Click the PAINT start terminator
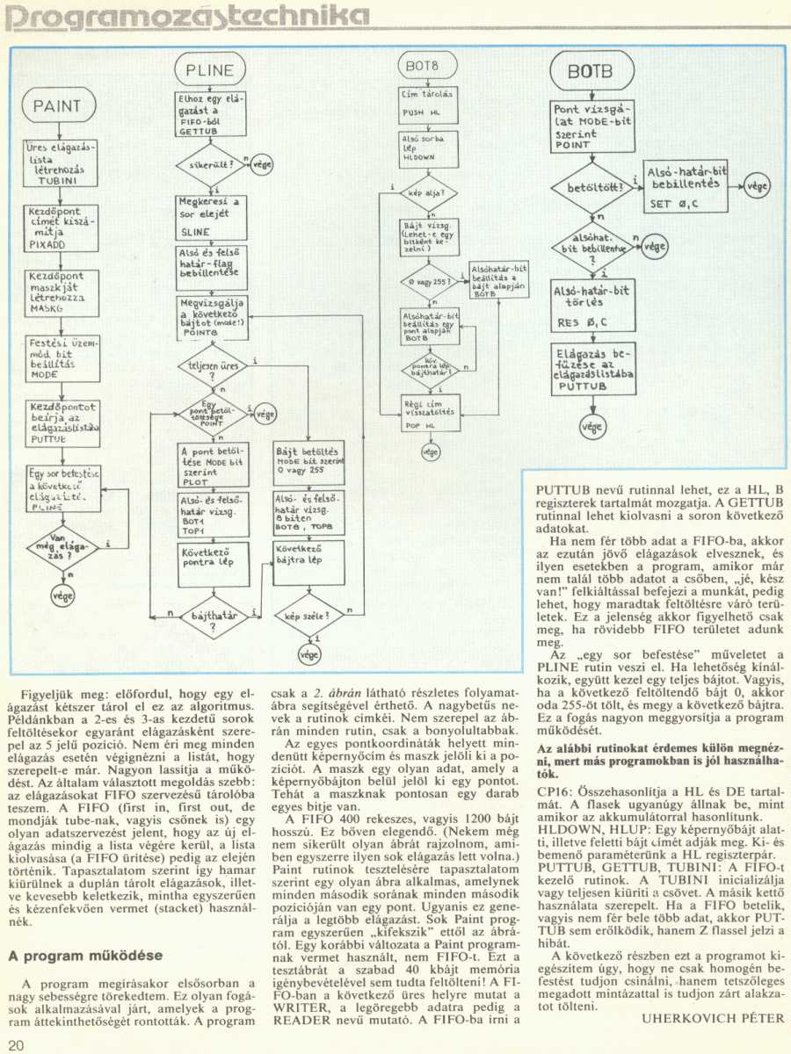point(57,106)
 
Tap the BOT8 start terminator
point(417,66)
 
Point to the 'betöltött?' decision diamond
point(590,186)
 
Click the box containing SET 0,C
point(685,187)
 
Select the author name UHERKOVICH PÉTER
point(713,1018)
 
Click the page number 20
point(17,1043)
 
